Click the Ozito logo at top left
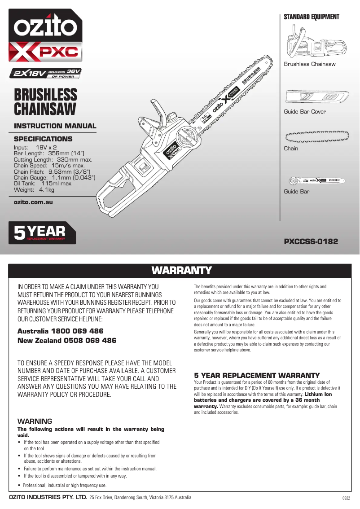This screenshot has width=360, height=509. (44, 27)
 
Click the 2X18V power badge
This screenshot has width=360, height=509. (47, 73)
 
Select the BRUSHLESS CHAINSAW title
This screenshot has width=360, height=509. (45, 102)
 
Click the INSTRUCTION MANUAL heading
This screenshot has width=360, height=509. (55, 126)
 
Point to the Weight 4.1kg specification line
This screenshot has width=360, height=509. (34, 190)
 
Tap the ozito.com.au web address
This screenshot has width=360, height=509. (34, 202)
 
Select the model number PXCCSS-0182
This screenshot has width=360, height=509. (311, 241)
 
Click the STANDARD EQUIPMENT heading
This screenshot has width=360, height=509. (312, 17)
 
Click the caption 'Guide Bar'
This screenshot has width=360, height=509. (297, 192)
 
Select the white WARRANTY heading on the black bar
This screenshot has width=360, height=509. (181, 270)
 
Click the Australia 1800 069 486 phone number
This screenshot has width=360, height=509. (60, 331)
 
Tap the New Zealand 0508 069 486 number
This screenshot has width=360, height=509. (66, 341)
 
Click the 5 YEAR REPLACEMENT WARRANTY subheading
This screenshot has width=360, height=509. (257, 375)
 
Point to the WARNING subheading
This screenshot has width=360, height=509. (35, 421)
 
